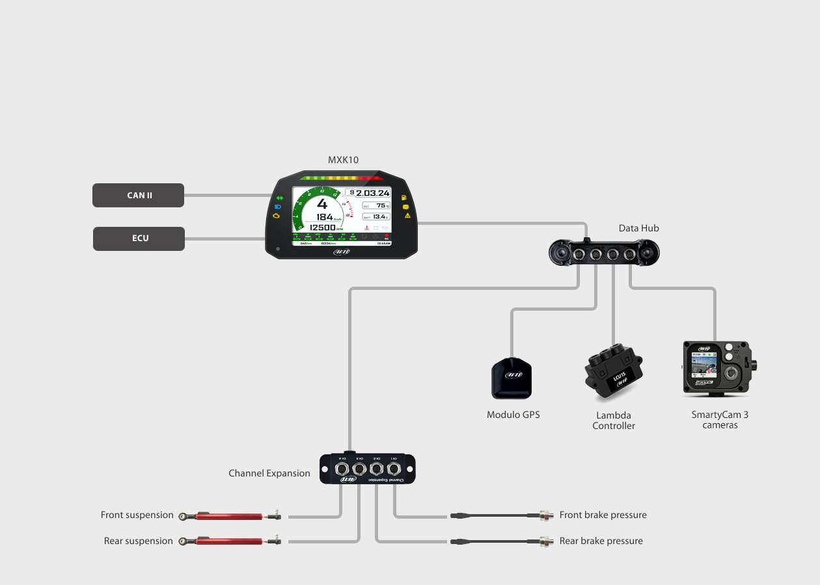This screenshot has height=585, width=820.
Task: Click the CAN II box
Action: pos(138,195)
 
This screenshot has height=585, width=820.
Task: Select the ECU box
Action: pos(139,239)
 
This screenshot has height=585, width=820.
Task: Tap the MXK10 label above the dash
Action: pos(343,159)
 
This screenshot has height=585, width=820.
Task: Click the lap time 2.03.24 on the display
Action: pos(372,193)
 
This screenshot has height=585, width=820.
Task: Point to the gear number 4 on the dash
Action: pos(321,203)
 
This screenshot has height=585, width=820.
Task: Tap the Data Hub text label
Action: pos(638,228)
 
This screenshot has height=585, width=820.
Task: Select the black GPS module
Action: pos(512,378)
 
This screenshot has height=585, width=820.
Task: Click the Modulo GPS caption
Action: pos(513,415)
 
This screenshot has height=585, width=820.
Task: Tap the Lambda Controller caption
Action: pos(613,421)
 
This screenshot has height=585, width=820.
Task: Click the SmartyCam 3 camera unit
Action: pos(720,369)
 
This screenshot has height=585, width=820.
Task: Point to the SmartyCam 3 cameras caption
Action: pos(720,420)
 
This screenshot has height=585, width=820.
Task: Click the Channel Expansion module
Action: pos(368,469)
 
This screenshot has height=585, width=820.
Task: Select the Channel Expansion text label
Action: pos(269,473)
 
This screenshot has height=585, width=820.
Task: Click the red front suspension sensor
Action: pos(231,516)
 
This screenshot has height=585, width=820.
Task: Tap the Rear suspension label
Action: pos(138,541)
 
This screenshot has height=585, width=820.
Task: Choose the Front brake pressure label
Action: pos(603,515)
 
